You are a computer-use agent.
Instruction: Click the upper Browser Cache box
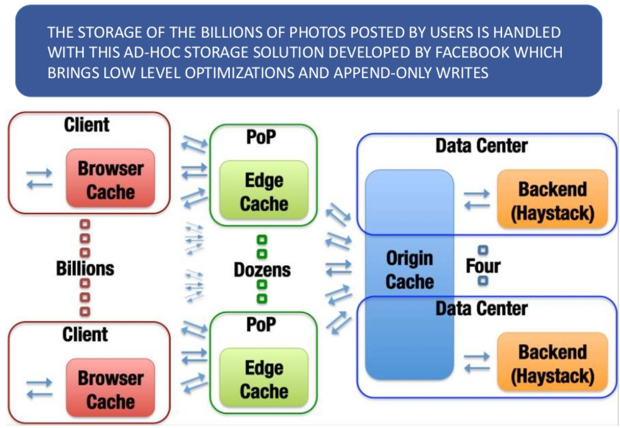click(110, 178)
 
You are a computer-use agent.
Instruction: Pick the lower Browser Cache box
click(110, 387)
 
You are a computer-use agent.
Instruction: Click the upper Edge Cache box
click(264, 192)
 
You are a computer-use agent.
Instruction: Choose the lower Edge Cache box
click(264, 379)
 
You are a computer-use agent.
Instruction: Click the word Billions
click(85, 269)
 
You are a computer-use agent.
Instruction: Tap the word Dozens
click(263, 270)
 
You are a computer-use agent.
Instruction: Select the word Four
click(483, 267)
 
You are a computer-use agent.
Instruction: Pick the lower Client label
click(85, 335)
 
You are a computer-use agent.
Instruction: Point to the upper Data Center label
click(481, 146)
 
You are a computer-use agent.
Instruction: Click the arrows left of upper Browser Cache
click(38, 179)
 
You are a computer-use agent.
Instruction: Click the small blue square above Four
click(483, 250)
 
